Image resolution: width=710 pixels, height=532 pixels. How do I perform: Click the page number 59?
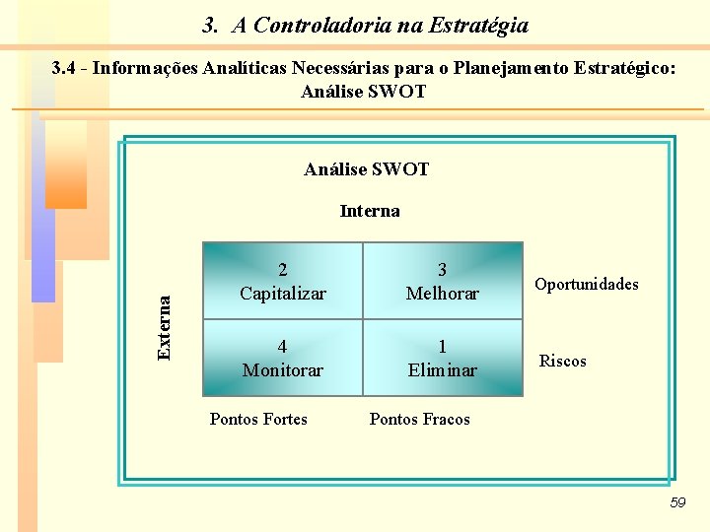tap(676, 503)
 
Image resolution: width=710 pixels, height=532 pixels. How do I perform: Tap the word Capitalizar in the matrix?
tap(283, 294)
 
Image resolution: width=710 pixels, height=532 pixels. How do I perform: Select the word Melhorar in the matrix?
tap(442, 294)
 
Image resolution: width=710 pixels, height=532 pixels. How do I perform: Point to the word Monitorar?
tap(283, 370)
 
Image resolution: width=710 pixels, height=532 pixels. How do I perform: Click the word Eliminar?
tap(442, 370)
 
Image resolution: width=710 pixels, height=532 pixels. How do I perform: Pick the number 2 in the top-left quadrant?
tap(283, 270)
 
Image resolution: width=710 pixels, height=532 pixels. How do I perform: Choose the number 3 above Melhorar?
tap(442, 270)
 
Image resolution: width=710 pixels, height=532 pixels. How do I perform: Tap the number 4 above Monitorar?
tap(283, 347)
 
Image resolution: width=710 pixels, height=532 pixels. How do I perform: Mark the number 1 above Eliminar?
tap(442, 347)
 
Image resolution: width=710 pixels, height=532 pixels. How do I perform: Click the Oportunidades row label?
tap(586, 284)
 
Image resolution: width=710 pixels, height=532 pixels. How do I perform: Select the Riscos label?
tap(562, 361)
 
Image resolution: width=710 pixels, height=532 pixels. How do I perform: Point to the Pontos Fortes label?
tap(258, 419)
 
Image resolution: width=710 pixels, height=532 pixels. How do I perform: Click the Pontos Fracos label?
tap(419, 419)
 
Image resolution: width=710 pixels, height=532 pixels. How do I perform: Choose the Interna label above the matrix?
tap(370, 211)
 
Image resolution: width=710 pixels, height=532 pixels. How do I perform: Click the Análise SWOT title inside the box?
tap(367, 169)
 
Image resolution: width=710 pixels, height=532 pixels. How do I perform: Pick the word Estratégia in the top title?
tap(477, 26)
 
